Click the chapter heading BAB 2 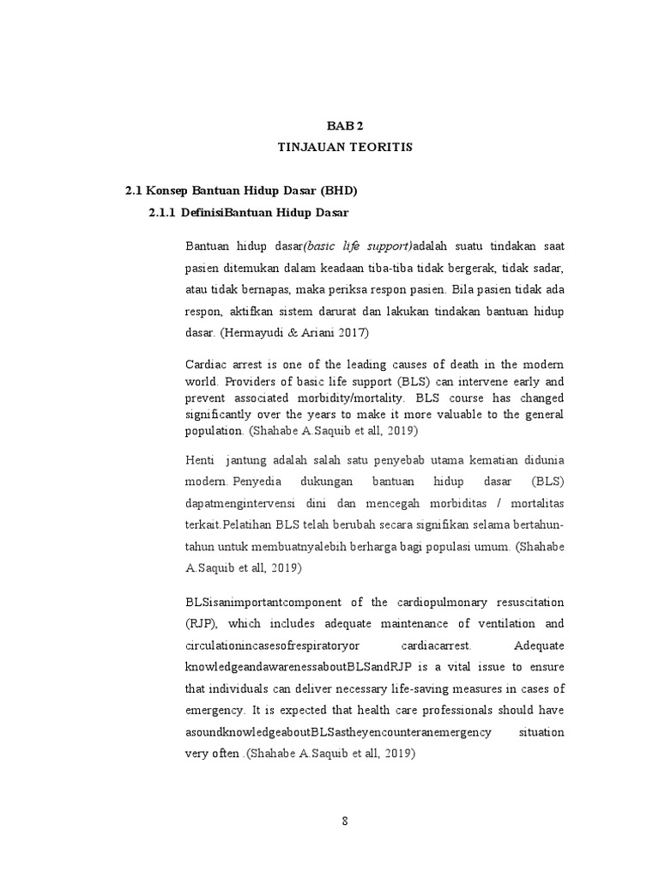[x=345, y=125]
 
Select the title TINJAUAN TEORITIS [x=345, y=148]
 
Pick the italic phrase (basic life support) [x=361, y=246]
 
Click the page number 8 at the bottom [x=345, y=820]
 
